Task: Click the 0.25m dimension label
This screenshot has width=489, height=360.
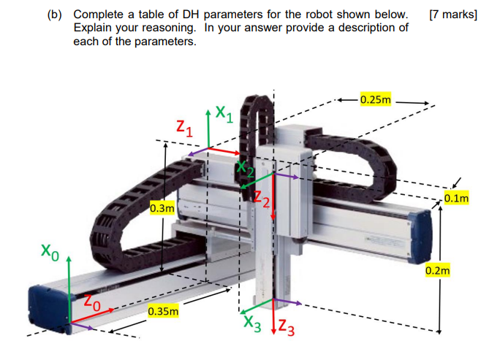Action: [376, 99]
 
